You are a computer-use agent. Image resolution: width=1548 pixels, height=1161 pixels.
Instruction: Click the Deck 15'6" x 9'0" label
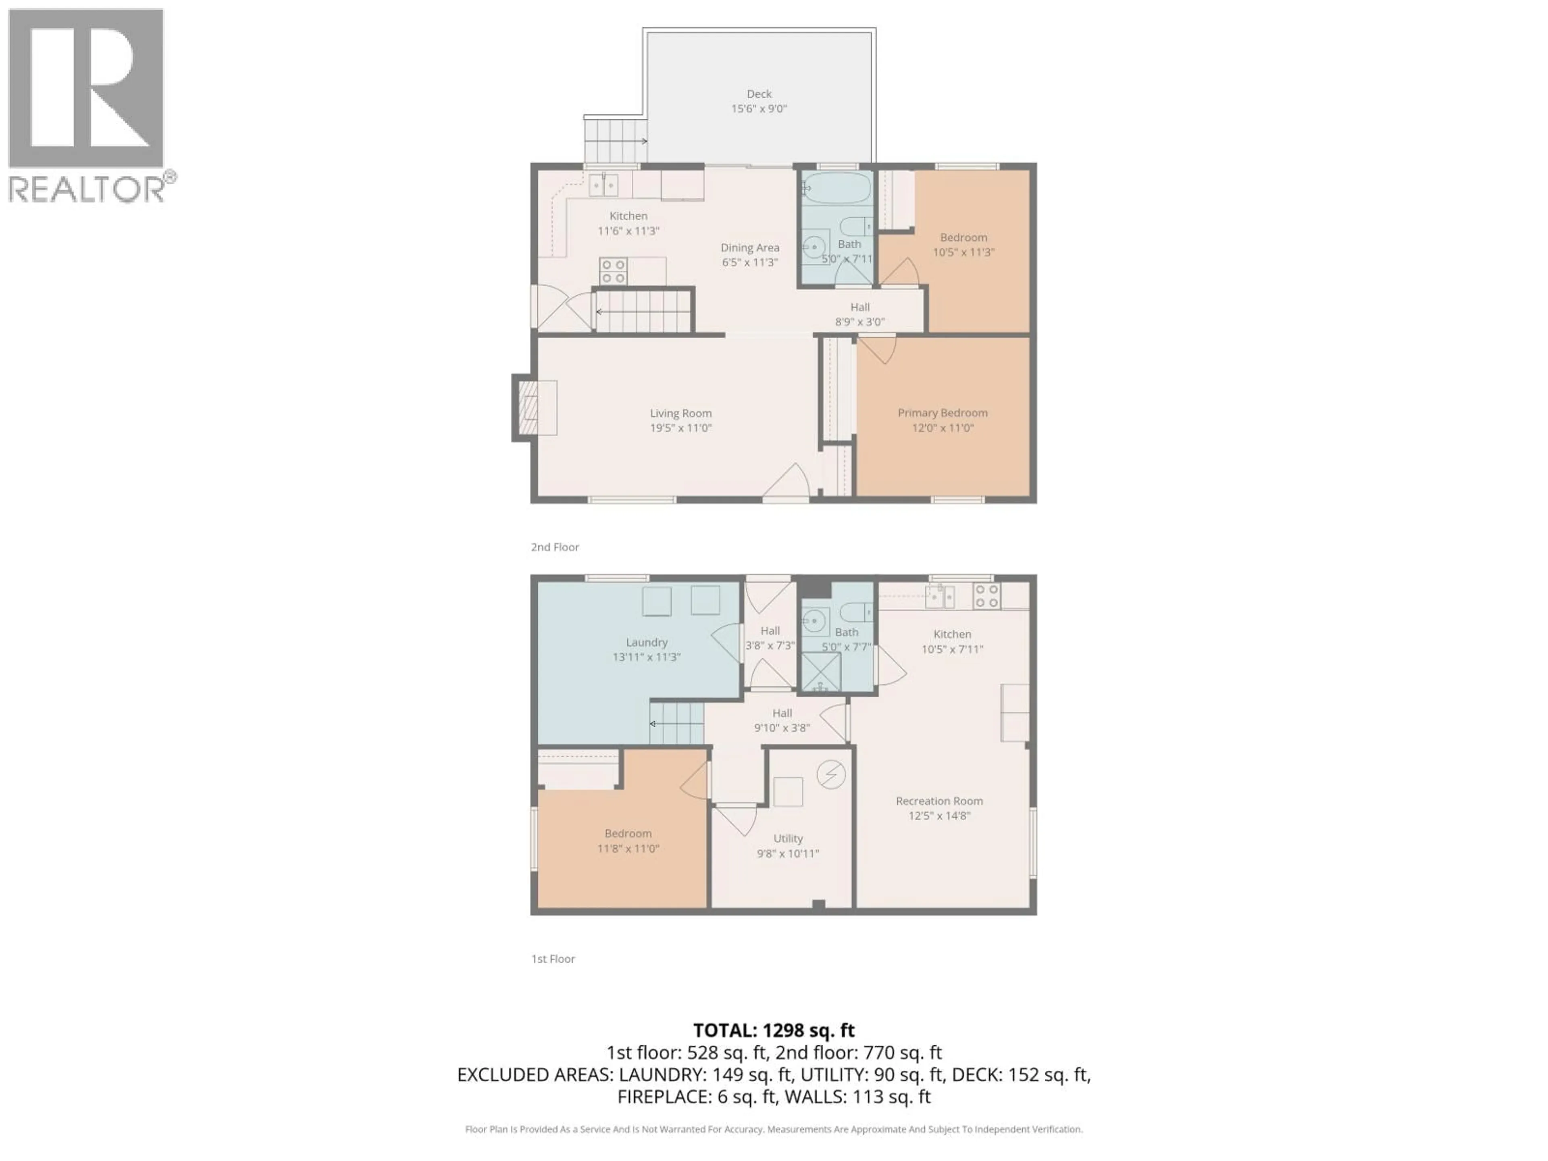(x=759, y=101)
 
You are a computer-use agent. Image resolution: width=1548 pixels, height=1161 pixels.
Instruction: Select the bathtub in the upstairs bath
(x=837, y=187)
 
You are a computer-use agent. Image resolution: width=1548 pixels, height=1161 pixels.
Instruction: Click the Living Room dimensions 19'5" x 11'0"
(x=680, y=428)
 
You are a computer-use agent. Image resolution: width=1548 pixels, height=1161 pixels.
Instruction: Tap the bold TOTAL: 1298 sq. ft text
(x=773, y=1030)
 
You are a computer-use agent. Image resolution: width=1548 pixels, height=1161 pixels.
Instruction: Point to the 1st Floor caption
(x=552, y=959)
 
